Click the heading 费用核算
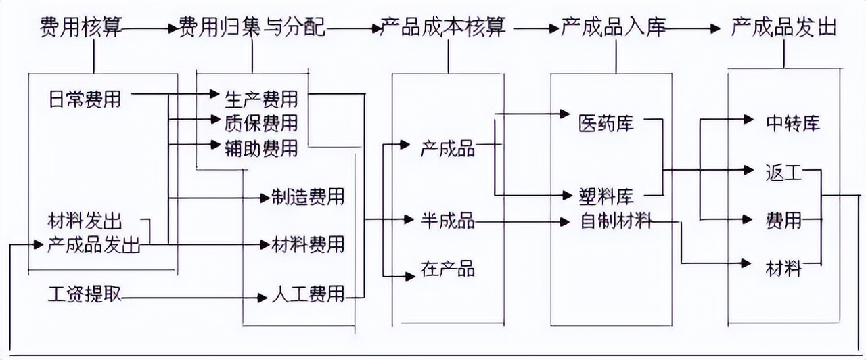[x=81, y=28]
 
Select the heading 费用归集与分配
[x=252, y=28]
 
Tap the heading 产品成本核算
[x=448, y=28]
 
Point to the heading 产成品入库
[x=614, y=28]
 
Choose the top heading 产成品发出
[x=784, y=28]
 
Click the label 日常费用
[x=85, y=99]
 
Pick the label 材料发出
[x=85, y=221]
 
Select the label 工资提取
[x=85, y=295]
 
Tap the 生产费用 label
[x=261, y=99]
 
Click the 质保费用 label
[x=261, y=122]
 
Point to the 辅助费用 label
[x=261, y=147]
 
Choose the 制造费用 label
[x=308, y=197]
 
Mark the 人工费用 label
[x=308, y=295]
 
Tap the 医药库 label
[x=606, y=123]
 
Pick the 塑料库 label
[x=606, y=197]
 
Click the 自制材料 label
[x=616, y=221]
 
